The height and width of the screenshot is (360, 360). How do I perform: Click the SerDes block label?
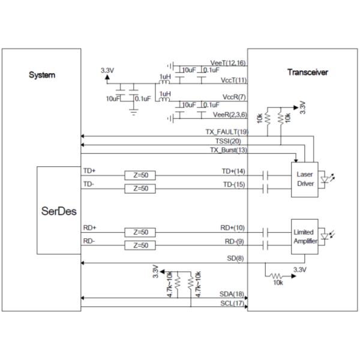pos(58,212)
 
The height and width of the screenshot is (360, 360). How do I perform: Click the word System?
pos(43,75)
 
